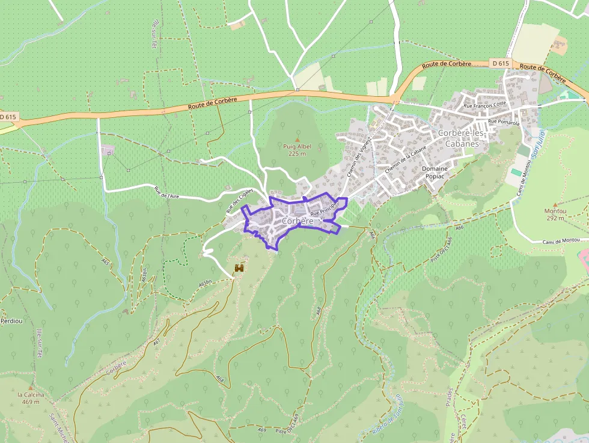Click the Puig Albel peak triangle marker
coord(296,139)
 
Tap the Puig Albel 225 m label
coord(297,150)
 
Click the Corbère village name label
coord(298,221)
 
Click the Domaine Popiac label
coord(435,173)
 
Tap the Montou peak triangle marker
coord(555,204)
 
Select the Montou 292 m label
coord(555,215)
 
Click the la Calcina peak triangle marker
coord(31,388)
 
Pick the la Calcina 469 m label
coord(31,398)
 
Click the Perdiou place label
coord(11,321)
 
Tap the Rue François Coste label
coord(485,105)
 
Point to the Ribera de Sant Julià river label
coord(387,415)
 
